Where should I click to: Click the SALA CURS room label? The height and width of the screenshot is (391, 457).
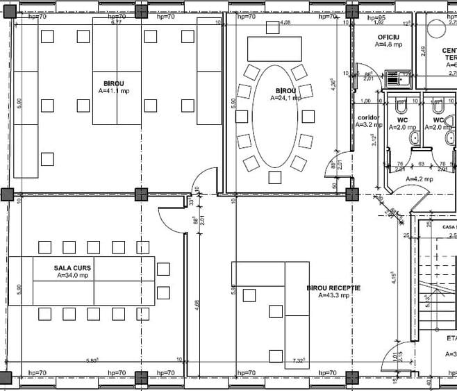coord(73,267)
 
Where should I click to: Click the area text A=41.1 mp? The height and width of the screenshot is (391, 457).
coord(113,90)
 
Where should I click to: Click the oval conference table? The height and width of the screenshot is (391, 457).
coord(276,125)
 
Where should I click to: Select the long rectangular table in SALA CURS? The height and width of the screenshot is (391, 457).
coord(82,281)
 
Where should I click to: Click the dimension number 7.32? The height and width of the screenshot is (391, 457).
coord(299,360)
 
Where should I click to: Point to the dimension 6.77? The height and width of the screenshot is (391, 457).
coord(116,23)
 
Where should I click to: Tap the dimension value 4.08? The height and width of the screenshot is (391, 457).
coord(285,23)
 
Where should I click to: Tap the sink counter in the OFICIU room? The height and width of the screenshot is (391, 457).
coord(399,78)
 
